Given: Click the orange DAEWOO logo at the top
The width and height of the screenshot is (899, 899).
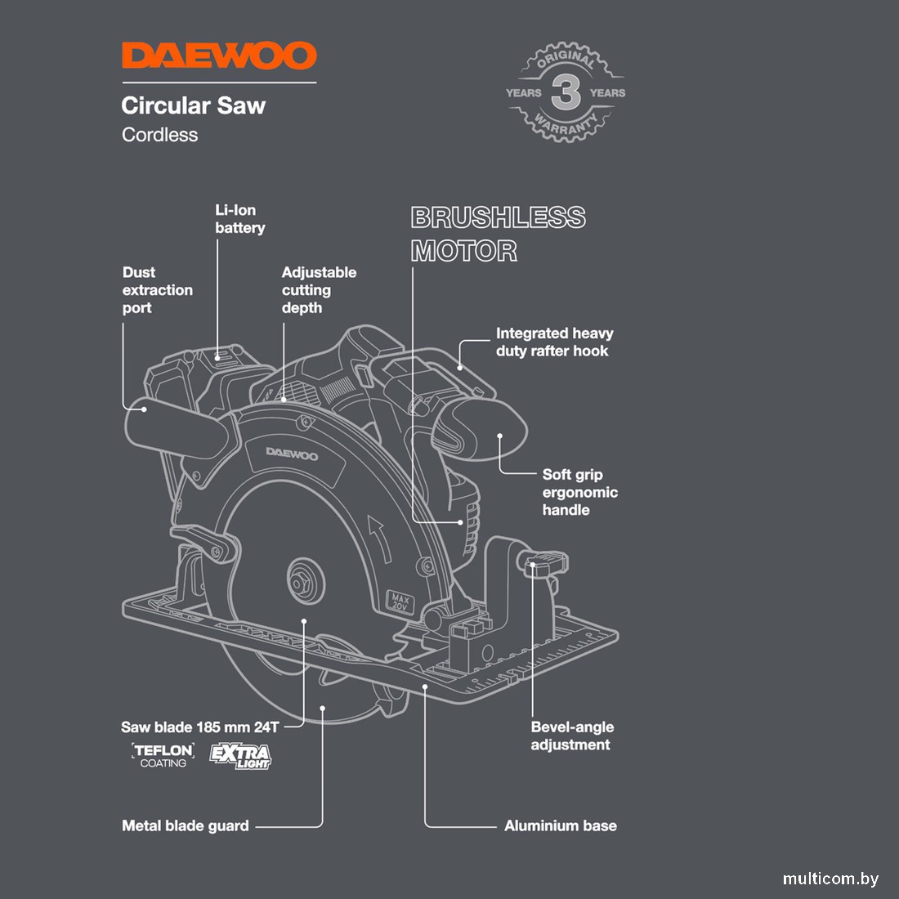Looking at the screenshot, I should [x=219, y=56].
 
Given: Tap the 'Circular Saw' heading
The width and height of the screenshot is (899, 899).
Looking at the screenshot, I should [x=193, y=105].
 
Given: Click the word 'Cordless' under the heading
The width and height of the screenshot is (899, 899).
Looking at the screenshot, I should [x=159, y=135].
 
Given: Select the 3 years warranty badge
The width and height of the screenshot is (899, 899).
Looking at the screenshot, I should [x=566, y=93].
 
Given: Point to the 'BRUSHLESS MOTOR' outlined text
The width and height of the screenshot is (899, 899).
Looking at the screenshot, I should [x=498, y=234].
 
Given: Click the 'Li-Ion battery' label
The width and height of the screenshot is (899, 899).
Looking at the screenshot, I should [x=239, y=219].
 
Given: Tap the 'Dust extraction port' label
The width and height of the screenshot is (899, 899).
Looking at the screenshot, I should [x=157, y=290].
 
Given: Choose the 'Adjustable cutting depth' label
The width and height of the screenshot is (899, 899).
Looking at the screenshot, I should [x=319, y=290].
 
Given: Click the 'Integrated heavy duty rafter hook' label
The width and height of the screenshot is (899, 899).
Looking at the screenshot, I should [x=554, y=342].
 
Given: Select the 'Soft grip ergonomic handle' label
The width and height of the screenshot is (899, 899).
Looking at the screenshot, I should [x=579, y=492].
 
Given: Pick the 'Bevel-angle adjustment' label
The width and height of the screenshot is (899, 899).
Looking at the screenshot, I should [x=571, y=736].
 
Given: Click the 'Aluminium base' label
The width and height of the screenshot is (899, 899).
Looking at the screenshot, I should [x=560, y=825].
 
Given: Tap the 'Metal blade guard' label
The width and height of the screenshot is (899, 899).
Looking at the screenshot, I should [x=185, y=825].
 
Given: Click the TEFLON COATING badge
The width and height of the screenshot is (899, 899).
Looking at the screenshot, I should [x=163, y=755].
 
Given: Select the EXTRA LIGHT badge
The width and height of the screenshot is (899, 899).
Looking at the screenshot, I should [x=240, y=755].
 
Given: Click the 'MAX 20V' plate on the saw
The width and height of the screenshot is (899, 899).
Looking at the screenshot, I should [x=400, y=603].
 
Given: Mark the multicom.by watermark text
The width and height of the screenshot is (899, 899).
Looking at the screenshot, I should [x=830, y=879].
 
